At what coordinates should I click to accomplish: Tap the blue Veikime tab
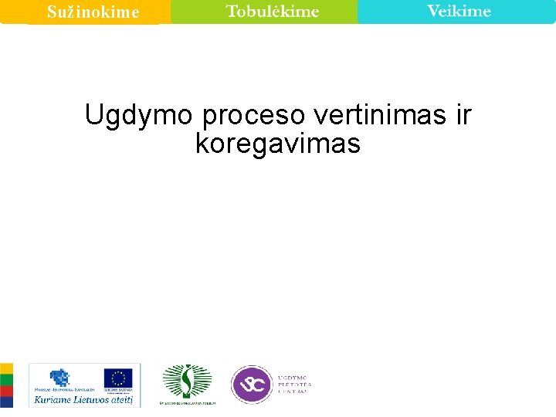[458, 12]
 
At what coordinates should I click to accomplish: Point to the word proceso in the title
[254, 115]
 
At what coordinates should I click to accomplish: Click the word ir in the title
[463, 115]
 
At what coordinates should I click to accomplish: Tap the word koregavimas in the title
[278, 144]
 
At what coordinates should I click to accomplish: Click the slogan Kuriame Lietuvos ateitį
[83, 399]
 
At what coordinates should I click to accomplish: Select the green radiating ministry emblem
[186, 381]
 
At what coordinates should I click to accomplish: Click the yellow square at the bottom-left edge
[5, 369]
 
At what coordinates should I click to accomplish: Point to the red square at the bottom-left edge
[5, 400]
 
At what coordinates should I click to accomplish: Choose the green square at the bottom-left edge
[5, 384]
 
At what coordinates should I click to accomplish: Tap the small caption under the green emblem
[188, 403]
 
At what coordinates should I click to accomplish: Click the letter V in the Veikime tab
[432, 11]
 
